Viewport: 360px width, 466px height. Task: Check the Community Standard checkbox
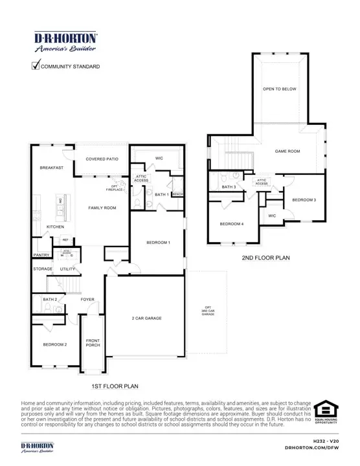tap(36, 65)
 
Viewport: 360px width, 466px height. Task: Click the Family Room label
tap(102, 208)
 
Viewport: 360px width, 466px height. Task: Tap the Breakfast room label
tap(51, 168)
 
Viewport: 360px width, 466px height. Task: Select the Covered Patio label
tap(102, 159)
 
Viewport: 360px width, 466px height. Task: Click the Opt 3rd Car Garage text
tap(208, 310)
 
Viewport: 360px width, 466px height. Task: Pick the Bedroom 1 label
tap(158, 242)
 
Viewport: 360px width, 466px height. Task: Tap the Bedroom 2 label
tap(56, 344)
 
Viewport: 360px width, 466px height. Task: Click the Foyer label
tap(88, 300)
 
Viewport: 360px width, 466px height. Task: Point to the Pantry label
tap(42, 254)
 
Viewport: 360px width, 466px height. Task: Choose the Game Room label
tap(287, 151)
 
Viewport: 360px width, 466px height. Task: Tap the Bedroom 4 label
tap(232, 224)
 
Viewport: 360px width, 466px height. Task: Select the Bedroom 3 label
tap(304, 200)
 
